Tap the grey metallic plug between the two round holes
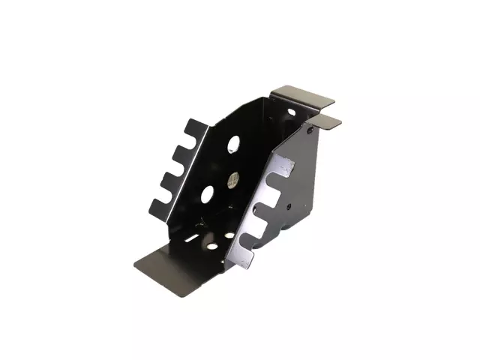232,180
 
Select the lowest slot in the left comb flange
169,192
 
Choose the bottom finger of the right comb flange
245,256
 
